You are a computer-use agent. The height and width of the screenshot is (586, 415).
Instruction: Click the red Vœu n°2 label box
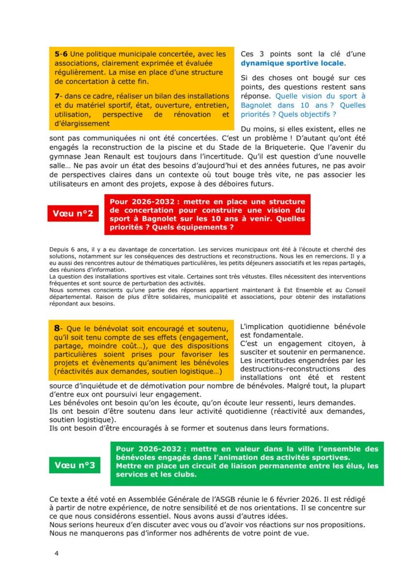click(73, 213)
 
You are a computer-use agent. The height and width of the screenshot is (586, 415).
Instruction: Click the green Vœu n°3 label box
click(75, 465)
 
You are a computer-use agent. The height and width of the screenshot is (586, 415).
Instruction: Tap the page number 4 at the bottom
click(56, 553)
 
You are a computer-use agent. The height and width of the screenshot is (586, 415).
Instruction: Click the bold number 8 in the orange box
click(57, 328)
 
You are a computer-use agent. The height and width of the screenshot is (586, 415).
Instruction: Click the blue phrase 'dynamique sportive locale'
click(292, 63)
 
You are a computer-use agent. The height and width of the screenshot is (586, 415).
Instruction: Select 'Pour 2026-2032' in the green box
click(147, 449)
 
